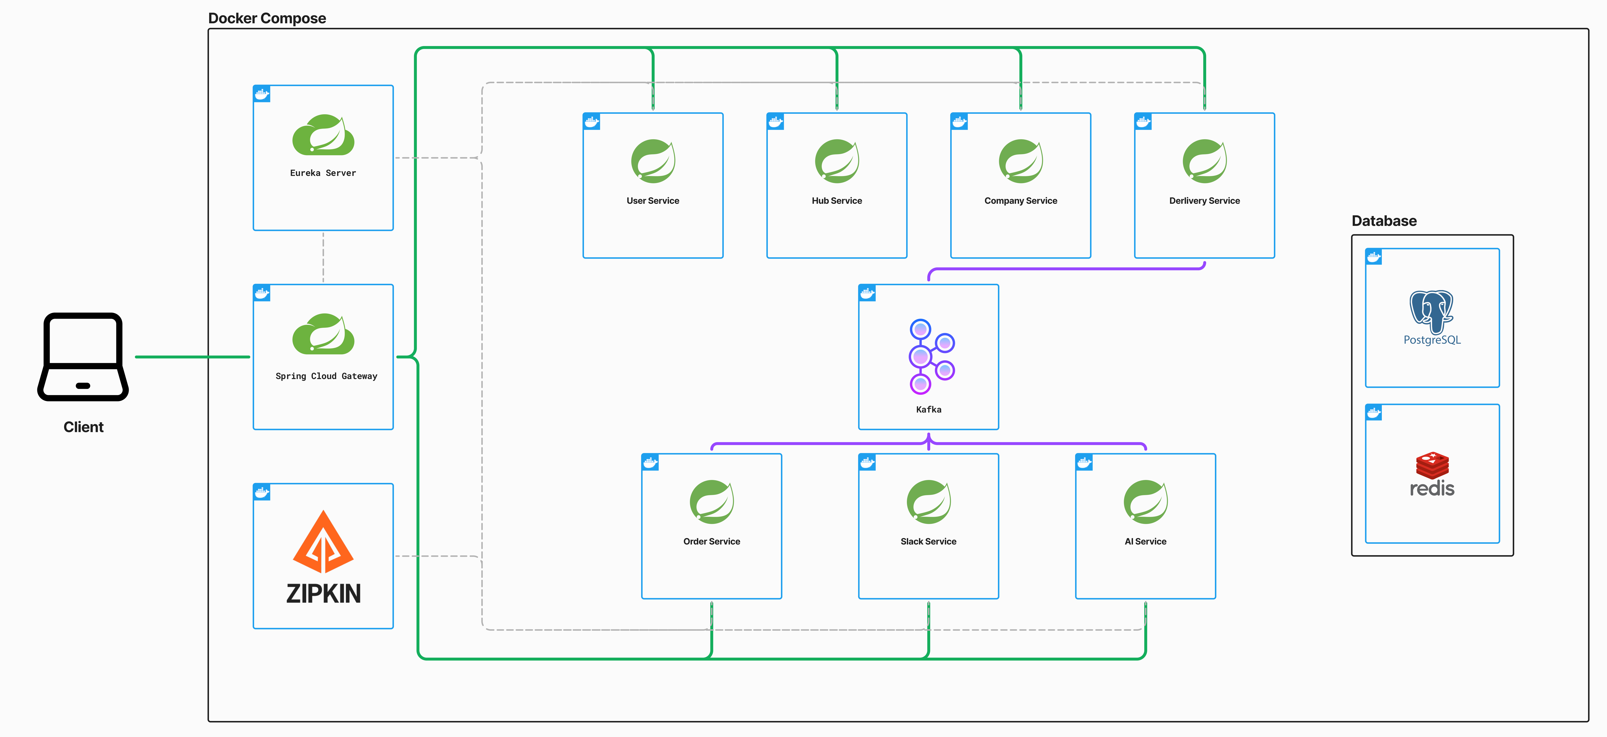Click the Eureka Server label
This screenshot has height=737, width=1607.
323,173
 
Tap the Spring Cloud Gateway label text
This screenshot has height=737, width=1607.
326,376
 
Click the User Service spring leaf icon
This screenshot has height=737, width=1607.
653,161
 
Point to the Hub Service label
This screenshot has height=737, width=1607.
837,200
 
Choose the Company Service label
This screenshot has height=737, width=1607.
1021,200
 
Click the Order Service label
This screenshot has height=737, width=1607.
711,541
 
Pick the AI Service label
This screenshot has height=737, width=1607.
1145,541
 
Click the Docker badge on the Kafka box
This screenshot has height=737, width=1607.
867,293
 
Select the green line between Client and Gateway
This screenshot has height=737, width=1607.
192,357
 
